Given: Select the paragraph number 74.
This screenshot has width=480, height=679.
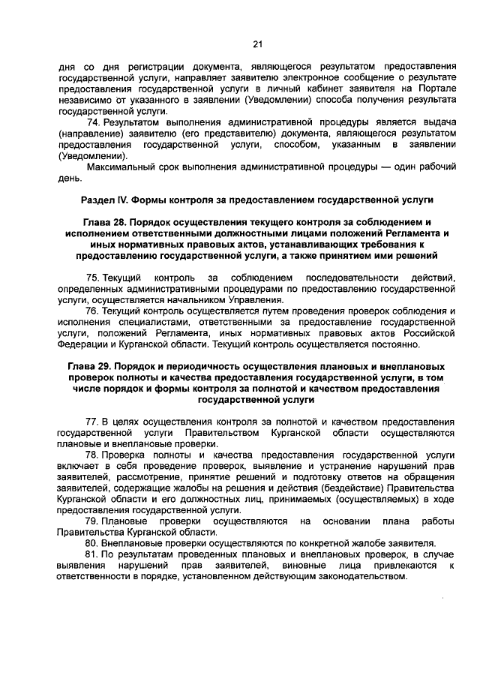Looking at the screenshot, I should click(93, 122).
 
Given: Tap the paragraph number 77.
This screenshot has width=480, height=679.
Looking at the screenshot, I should click(93, 422).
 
